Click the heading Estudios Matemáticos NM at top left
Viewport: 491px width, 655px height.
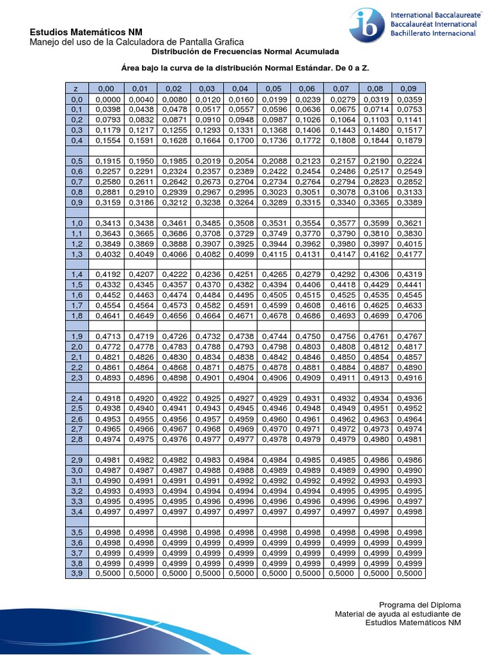coord(87,33)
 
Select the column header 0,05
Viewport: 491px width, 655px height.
coord(274,88)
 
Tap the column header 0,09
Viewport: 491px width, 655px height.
coord(408,88)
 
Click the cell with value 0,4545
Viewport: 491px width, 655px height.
coord(408,295)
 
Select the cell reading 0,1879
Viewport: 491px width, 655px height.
coord(408,140)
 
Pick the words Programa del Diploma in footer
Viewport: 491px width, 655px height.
coord(419,604)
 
